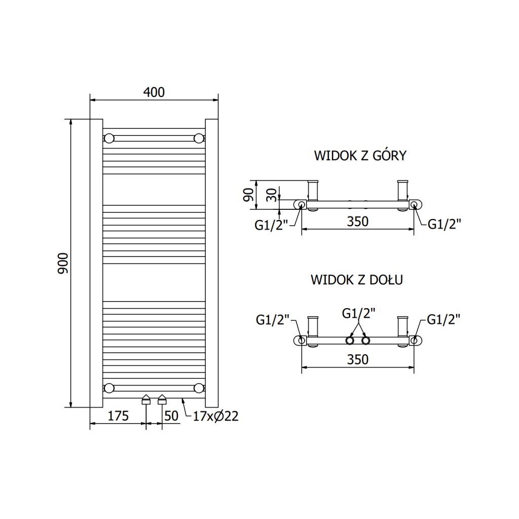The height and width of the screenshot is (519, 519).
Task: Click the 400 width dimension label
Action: [154, 92]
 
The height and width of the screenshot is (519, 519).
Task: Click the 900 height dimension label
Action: [63, 264]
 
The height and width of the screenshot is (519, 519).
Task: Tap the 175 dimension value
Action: [118, 416]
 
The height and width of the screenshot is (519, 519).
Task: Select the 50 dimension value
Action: [172, 416]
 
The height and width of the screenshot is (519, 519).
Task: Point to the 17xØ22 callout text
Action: [215, 416]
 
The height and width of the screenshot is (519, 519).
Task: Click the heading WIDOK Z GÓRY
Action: [360, 156]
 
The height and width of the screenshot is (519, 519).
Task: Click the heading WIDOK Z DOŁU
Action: [357, 279]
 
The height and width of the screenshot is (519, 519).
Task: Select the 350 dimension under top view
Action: [358, 221]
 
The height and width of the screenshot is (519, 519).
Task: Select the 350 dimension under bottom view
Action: [358, 359]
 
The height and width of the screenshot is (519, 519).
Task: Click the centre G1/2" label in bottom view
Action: [359, 313]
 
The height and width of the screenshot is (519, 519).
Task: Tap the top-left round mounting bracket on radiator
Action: [109, 138]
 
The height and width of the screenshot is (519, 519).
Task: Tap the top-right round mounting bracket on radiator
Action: [199, 138]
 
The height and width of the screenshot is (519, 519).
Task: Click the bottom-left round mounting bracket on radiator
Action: [109, 389]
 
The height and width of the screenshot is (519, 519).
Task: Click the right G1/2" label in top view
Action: [444, 224]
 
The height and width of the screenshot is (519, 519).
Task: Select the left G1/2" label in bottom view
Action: [272, 319]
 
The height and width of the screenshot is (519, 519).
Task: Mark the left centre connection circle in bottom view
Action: [350, 340]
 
